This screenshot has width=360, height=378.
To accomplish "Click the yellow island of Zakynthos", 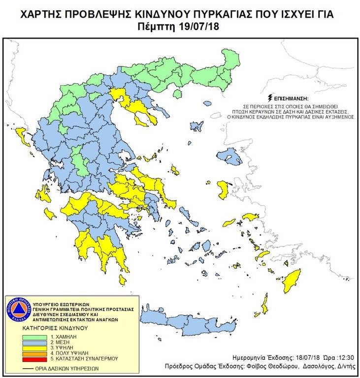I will (x=50, y=214).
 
